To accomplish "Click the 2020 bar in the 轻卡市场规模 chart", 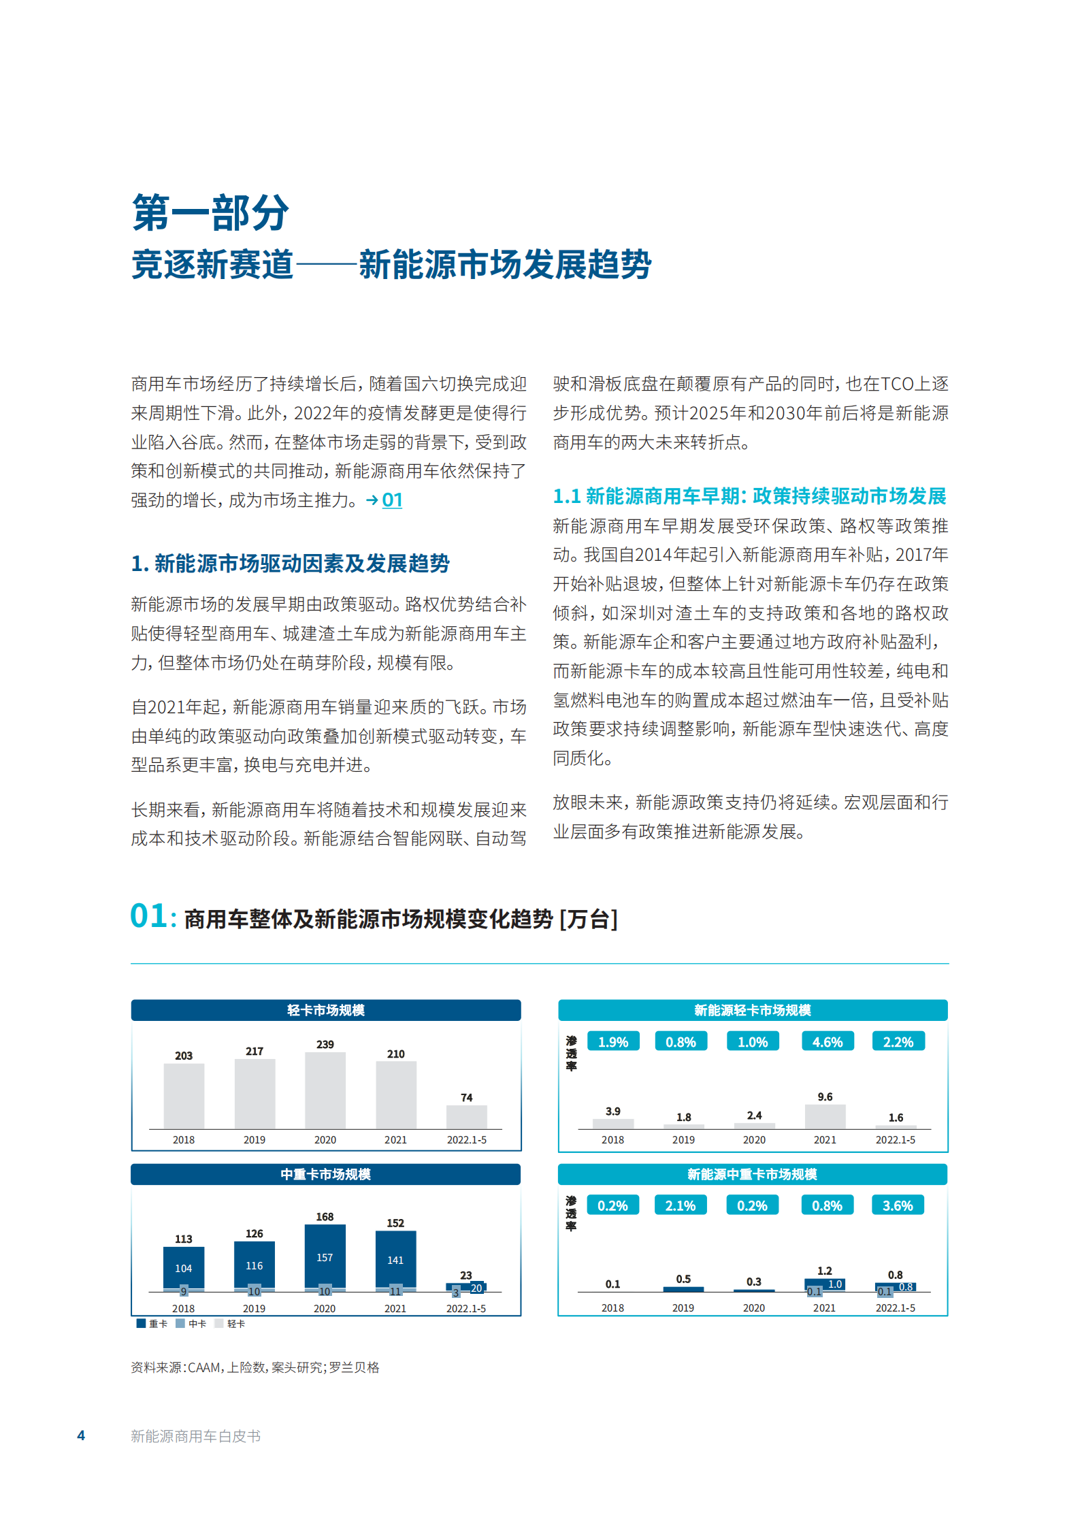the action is [x=325, y=1090].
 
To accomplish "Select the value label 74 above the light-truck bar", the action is [x=466, y=1097].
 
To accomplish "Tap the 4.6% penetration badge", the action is [x=827, y=1042].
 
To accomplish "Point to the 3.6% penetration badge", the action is [x=898, y=1205].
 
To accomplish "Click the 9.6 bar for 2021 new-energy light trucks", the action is [x=825, y=1116].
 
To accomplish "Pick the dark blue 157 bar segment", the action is [x=325, y=1256].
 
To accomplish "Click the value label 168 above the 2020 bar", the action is [x=325, y=1216].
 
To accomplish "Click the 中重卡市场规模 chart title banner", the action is [x=325, y=1174].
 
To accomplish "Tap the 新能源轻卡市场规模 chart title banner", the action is [x=753, y=1010].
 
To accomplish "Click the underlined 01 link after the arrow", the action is [x=392, y=500].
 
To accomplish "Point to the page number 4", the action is [x=81, y=1435].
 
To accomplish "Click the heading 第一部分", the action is [x=210, y=213].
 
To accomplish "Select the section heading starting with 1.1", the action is [x=749, y=496].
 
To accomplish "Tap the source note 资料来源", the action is [x=255, y=1367].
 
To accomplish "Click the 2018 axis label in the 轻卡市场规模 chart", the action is [x=183, y=1139].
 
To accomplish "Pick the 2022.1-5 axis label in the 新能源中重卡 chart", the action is [x=895, y=1307].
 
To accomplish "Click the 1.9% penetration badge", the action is [x=612, y=1042].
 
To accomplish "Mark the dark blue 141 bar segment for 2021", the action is [x=395, y=1259].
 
